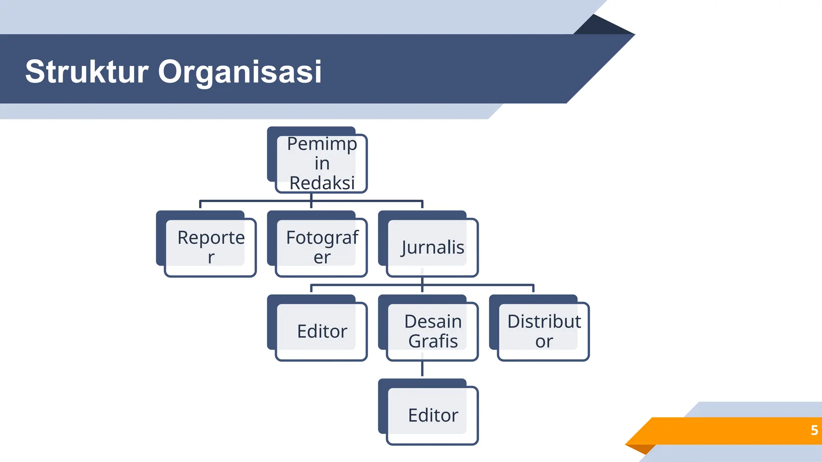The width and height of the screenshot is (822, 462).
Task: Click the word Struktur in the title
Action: (87, 72)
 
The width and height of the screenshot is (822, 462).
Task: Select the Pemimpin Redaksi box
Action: (321, 163)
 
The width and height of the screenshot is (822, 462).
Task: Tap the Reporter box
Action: (210, 247)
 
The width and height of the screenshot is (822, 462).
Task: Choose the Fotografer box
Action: (321, 247)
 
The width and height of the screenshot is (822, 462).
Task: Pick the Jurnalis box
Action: (432, 247)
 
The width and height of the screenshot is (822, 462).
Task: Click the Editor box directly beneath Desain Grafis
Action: (432, 415)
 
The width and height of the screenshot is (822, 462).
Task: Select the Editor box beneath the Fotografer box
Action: (321, 331)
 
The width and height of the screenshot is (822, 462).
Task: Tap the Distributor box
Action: (543, 331)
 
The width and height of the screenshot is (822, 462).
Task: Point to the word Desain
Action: (433, 321)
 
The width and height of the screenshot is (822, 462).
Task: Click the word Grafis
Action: (433, 341)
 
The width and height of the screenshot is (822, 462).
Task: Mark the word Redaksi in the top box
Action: (322, 183)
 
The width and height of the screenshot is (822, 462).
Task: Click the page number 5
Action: (814, 430)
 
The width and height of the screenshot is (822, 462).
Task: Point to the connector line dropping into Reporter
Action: (200, 204)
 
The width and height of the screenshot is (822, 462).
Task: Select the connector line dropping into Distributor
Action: (533, 288)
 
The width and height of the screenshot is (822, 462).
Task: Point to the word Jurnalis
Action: (433, 247)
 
